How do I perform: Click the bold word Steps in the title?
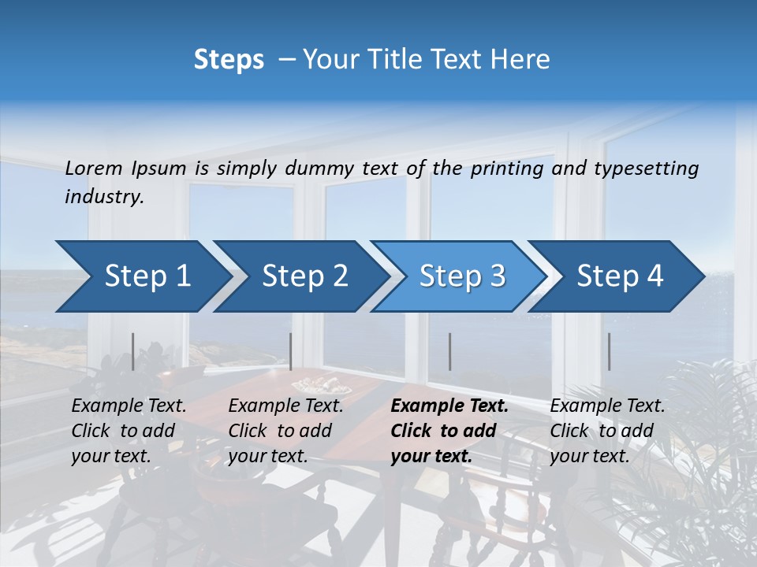click(229, 60)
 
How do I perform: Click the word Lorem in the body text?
click(94, 168)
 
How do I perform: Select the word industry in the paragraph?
click(103, 197)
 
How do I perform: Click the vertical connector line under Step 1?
click(133, 351)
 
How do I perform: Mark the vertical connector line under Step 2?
click(291, 351)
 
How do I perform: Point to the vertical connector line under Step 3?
click(449, 351)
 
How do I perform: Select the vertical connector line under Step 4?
click(609, 351)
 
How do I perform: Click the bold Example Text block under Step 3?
click(449, 431)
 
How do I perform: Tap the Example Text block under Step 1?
click(129, 431)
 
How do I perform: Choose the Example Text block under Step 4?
click(607, 431)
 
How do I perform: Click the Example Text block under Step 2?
click(285, 431)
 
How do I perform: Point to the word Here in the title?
click(520, 60)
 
